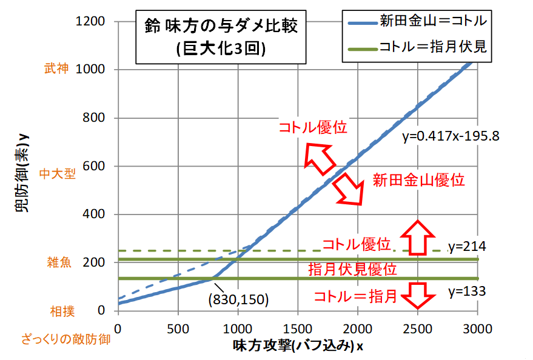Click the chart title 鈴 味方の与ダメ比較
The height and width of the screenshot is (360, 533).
pos(221,27)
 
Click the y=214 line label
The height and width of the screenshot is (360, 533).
pos(468,247)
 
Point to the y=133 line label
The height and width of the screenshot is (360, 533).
pos(468,291)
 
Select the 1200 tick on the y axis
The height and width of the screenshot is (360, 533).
pos(93,22)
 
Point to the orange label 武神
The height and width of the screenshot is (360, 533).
pos(57,69)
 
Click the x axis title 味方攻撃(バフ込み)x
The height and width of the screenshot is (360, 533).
pos(298,345)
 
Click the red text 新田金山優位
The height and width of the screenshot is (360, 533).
pos(418,180)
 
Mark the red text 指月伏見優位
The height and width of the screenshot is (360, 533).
pos(352,269)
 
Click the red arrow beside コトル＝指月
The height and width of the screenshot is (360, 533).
pos(418,295)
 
